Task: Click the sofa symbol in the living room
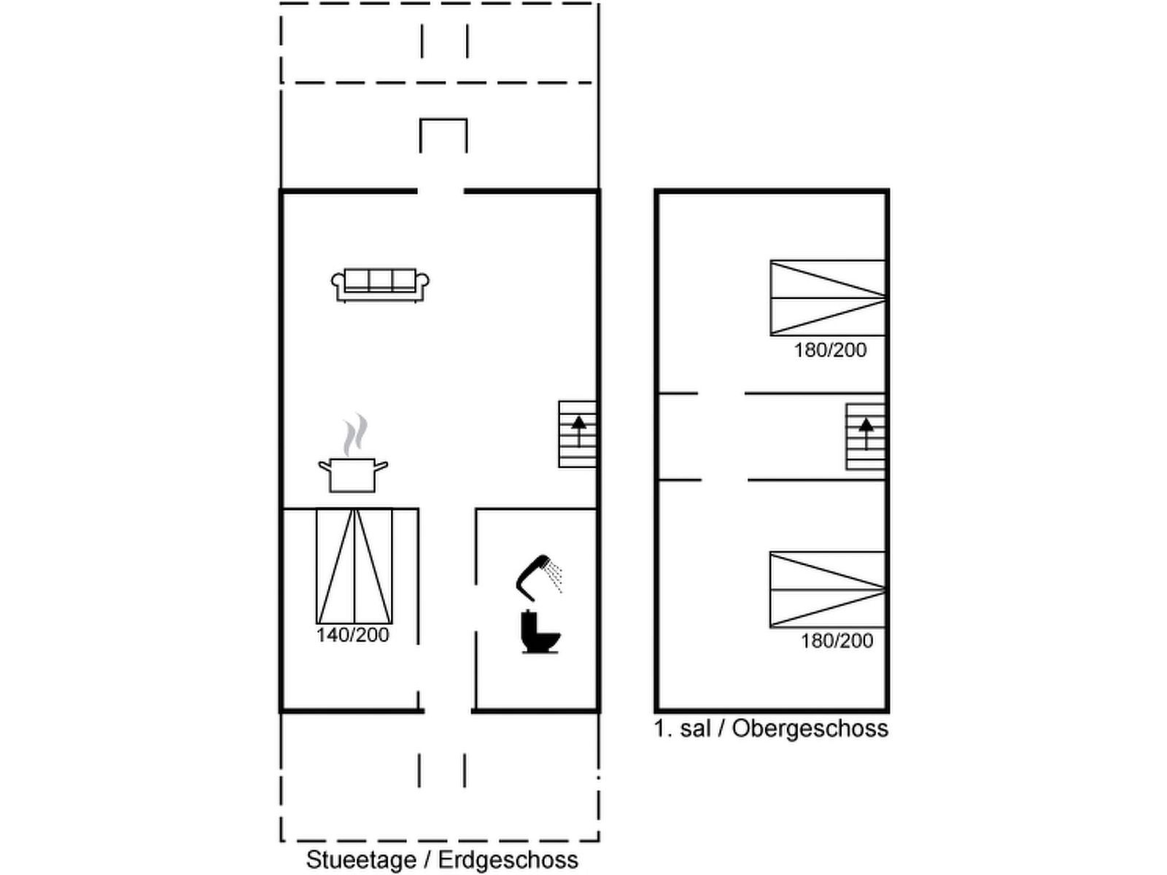coord(380,285)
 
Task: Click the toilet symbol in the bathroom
coord(540,631)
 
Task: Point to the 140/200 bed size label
coord(352,635)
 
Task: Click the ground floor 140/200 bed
coord(354,567)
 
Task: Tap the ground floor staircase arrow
coord(578,432)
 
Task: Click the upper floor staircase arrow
coord(866,434)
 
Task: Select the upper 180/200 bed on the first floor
coord(828,298)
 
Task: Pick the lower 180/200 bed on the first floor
coord(828,590)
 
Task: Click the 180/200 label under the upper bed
coord(830,350)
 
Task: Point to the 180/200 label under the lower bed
coord(837,641)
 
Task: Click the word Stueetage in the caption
coord(361,860)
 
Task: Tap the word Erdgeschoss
coord(508,860)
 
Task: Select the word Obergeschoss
coord(810,728)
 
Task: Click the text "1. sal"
coord(682,728)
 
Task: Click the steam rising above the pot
coord(355,435)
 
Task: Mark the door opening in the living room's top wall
coord(441,191)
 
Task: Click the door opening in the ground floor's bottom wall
coord(448,710)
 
